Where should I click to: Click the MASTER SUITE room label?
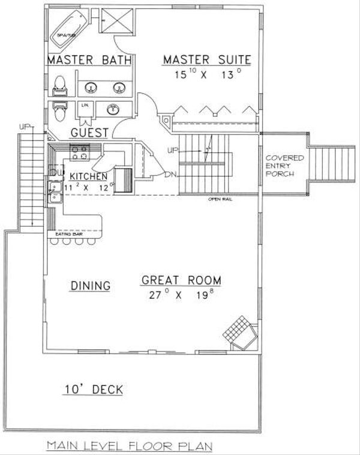click(x=206, y=59)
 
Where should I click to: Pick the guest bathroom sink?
click(x=112, y=110)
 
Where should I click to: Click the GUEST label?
click(x=89, y=133)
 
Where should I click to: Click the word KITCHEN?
click(x=88, y=176)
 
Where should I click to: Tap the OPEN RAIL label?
click(x=220, y=199)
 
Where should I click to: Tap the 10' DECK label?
click(x=93, y=390)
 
